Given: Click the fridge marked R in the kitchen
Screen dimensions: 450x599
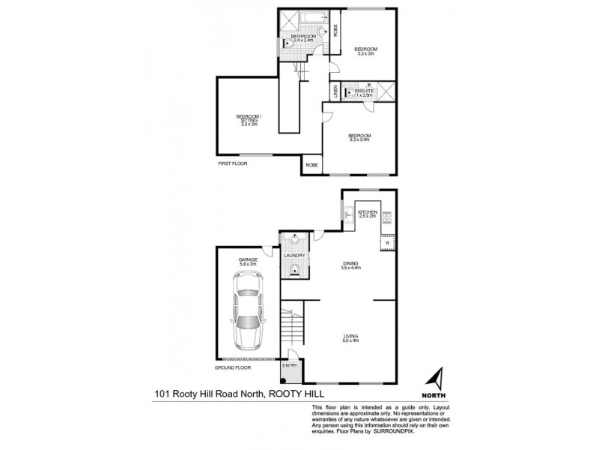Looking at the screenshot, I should [387, 244].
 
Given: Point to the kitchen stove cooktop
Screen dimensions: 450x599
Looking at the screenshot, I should [388, 218].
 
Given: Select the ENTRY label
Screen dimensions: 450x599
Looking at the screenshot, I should [289, 365].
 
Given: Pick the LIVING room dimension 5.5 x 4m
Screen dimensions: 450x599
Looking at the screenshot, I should [350, 341].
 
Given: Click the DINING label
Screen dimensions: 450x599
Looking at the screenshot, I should [350, 263].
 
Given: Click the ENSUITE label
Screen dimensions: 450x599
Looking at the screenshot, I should [365, 91].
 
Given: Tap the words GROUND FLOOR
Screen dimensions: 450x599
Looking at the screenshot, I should [232, 367].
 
